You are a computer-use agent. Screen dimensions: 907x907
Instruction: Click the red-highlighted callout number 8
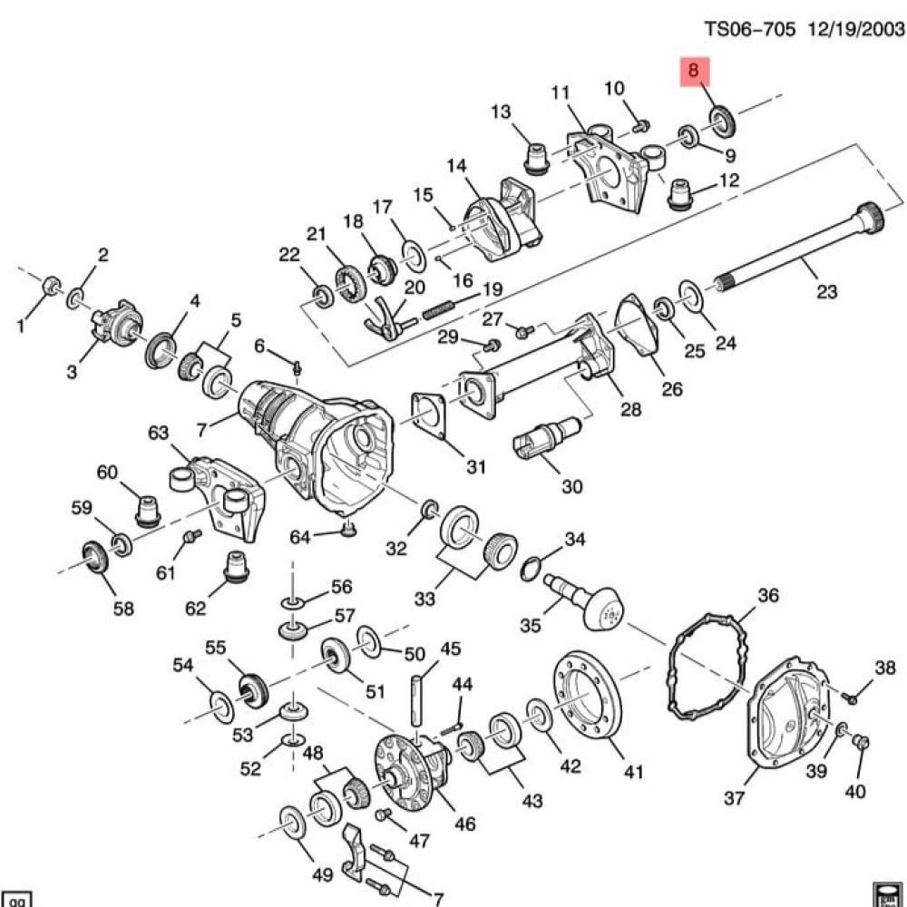coord(694,71)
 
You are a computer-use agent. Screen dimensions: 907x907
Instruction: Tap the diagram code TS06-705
coord(749,28)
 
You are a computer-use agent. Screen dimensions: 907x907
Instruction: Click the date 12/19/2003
coord(856,28)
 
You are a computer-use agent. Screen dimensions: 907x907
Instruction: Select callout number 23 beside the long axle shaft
coord(826,290)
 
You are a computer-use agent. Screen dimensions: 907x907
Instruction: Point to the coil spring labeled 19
coord(444,310)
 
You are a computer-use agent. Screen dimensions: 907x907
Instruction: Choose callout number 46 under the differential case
coord(464,823)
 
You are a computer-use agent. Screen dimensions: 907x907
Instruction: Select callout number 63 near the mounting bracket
coord(158,433)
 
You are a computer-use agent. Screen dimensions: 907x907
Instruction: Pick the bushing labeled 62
coord(237,566)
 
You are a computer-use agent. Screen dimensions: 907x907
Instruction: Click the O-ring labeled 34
coord(532,568)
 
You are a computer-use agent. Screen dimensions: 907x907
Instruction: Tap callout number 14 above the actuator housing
coord(456,166)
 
